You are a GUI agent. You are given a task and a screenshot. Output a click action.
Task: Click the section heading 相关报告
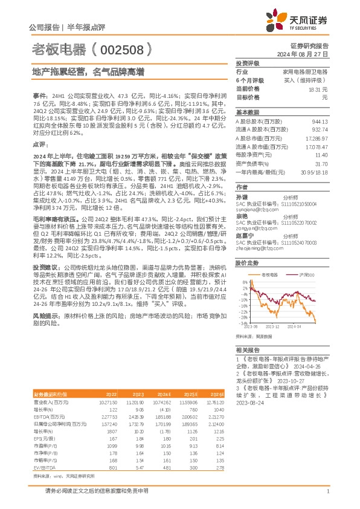(x=247, y=351)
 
